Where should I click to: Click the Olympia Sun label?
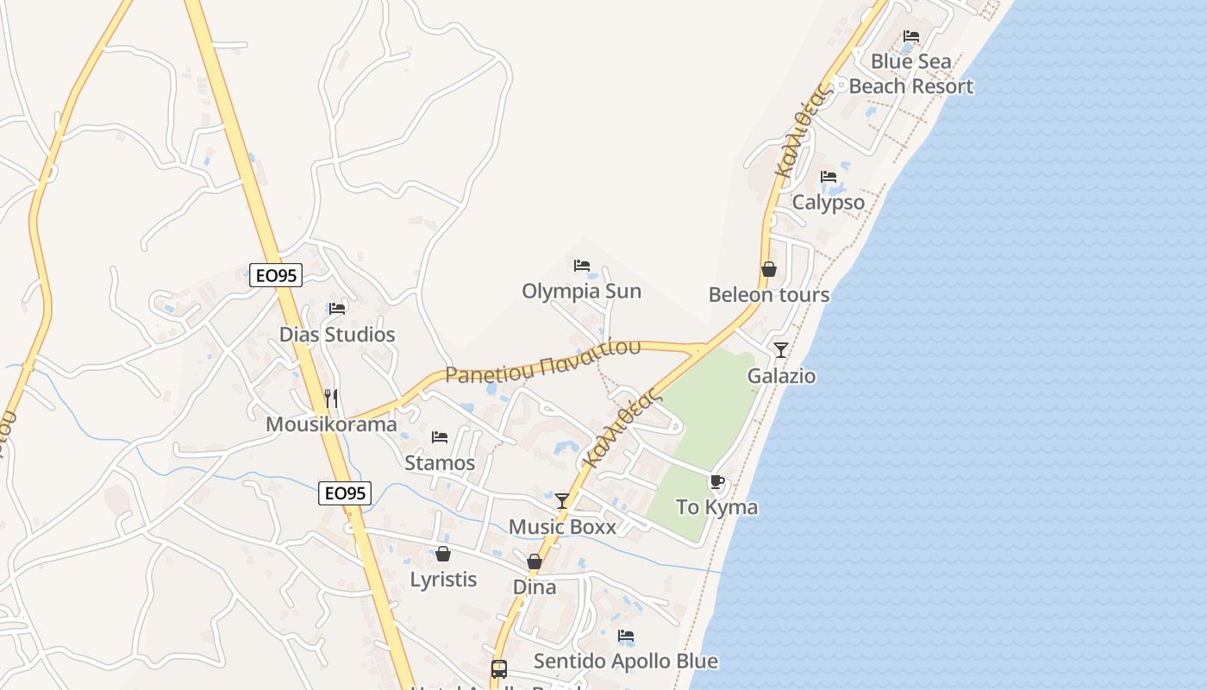point(581,292)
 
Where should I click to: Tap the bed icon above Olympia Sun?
point(582,265)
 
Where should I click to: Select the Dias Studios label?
point(337,335)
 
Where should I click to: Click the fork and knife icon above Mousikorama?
point(331,398)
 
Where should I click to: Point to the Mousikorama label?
point(331,424)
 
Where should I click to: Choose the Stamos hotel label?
point(440,463)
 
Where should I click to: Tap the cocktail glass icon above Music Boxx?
point(562,500)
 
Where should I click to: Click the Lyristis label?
point(443,580)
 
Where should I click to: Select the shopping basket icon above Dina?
point(535,561)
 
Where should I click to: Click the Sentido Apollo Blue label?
point(626,662)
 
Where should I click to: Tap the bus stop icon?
point(499,668)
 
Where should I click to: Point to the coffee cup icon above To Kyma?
point(716,481)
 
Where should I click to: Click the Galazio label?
point(781,376)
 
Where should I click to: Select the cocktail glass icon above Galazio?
point(781,349)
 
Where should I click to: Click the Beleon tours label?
point(769,295)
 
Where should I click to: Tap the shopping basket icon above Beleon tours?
point(769,269)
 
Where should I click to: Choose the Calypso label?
point(829,203)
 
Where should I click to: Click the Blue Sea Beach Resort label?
point(911,74)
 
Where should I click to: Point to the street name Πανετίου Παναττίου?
point(543,361)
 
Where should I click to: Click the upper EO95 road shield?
point(276,275)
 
